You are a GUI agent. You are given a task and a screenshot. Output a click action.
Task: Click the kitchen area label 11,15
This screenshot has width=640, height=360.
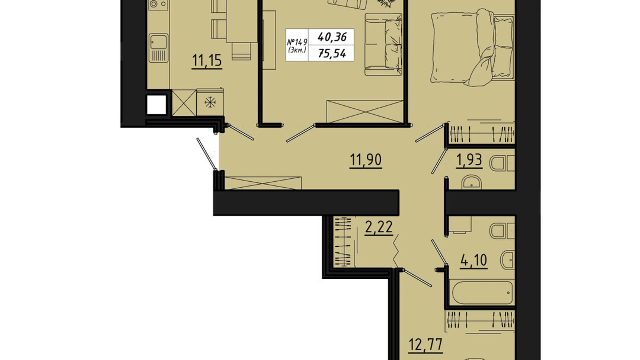click(207, 60)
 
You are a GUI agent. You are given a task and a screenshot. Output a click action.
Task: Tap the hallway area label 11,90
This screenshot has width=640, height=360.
click(366, 160)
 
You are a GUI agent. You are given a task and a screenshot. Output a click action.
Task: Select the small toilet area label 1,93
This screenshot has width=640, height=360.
click(469, 160)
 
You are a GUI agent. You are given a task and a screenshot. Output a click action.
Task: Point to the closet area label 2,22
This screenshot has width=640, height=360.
click(379, 227)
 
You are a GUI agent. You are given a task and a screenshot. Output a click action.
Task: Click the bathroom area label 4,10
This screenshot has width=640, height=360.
click(474, 260)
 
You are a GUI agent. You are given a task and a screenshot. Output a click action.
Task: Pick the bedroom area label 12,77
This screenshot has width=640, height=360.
click(426, 345)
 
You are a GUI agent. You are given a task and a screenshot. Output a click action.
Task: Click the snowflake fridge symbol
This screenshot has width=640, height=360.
click(210, 102)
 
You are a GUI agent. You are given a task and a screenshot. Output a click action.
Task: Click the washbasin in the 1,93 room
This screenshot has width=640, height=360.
click(472, 182)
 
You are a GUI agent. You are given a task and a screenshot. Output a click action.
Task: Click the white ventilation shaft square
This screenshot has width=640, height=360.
click(157, 105)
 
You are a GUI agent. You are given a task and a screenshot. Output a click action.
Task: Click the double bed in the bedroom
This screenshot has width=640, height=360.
click(473, 48)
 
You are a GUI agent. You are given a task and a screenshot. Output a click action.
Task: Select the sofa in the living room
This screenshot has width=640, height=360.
click(383, 44)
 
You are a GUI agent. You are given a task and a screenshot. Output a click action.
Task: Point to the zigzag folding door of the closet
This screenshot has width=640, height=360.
click(396, 251)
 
